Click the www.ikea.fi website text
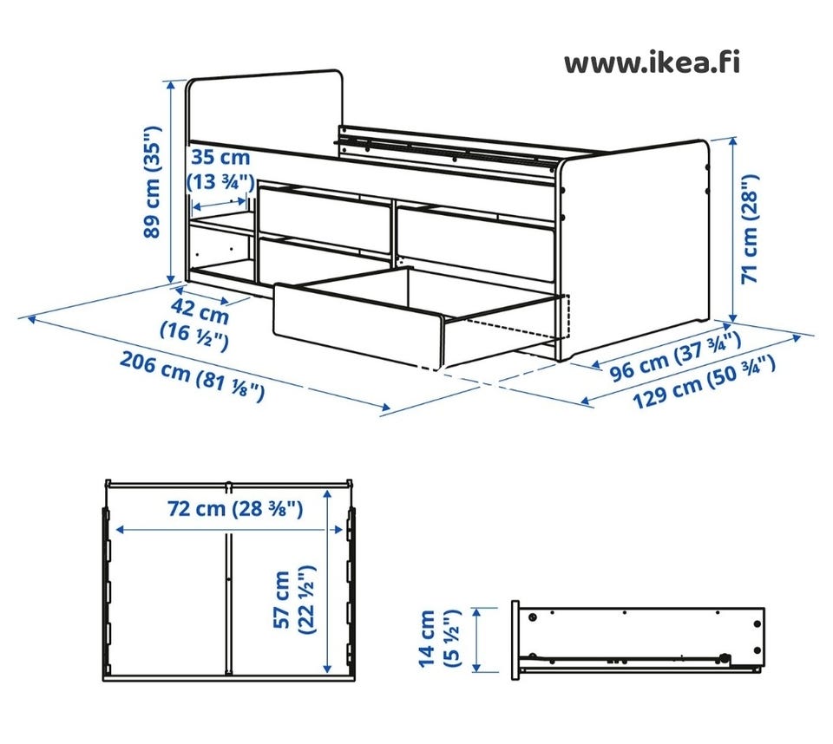pyautogui.click(x=652, y=62)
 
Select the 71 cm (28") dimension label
pyautogui.click(x=750, y=229)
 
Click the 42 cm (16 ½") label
pyautogui.click(x=195, y=324)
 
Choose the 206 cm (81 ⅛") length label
pyautogui.click(x=192, y=375)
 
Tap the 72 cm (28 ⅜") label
pyautogui.click(x=235, y=508)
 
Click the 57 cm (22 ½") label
pyautogui.click(x=294, y=600)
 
